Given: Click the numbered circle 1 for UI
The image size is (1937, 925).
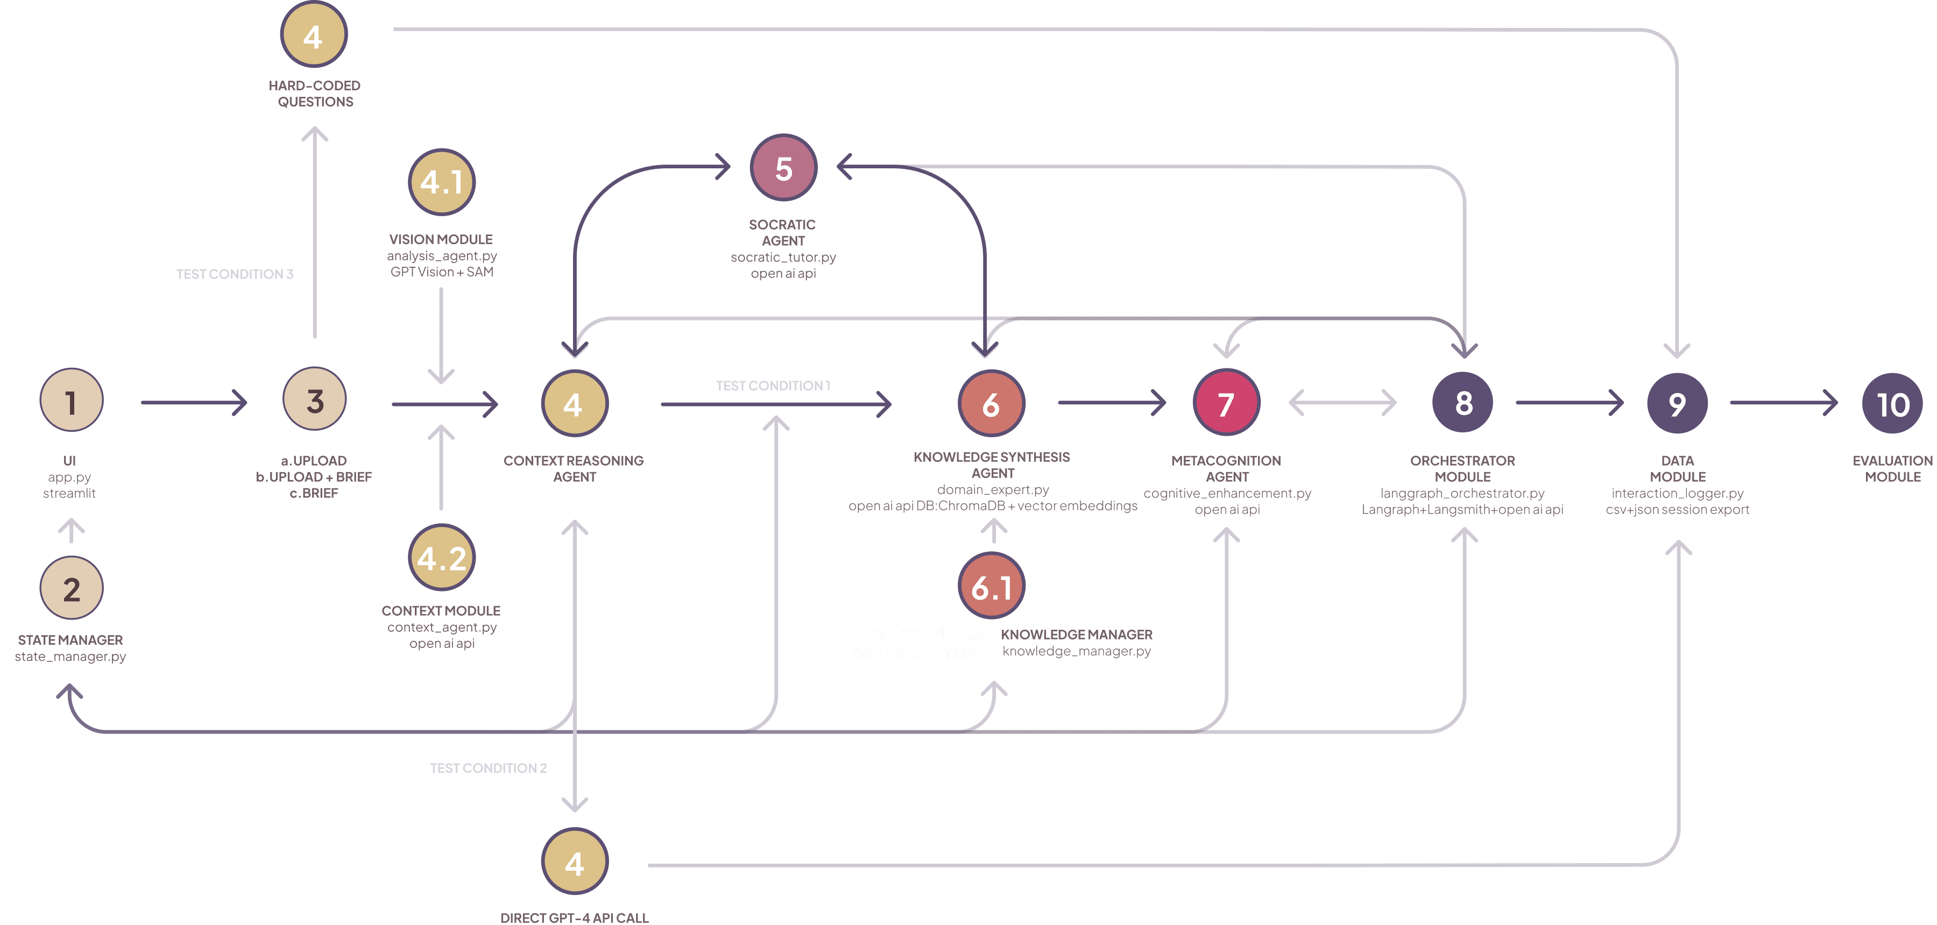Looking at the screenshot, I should tap(70, 401).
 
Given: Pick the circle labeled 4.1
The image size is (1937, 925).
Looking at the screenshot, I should tap(441, 182).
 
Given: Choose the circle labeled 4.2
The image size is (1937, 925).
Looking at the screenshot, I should tap(441, 558).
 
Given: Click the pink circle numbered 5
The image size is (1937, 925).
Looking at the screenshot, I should tap(783, 168).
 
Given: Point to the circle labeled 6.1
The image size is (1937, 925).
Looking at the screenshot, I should tap(992, 586).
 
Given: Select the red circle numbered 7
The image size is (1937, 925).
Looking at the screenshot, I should tap(1226, 403).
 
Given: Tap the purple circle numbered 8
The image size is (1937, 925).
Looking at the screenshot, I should tap(1464, 403).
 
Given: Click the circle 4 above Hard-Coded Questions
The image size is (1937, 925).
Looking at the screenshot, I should tap(314, 35).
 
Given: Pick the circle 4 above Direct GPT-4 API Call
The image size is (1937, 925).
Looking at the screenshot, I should tap(575, 863).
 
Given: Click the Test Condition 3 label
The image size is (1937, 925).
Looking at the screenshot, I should tap(235, 274).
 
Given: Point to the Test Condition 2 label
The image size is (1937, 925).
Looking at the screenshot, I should tap(488, 768).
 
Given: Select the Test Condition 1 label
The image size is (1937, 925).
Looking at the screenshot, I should tap(773, 386).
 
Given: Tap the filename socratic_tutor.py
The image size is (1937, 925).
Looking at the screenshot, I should tap(783, 257).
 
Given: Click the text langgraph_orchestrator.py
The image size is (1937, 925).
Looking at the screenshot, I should tap(1462, 493).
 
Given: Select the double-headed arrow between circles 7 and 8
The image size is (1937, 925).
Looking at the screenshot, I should tap(1343, 402).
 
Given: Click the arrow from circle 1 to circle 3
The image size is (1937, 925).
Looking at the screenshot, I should tap(194, 402).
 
